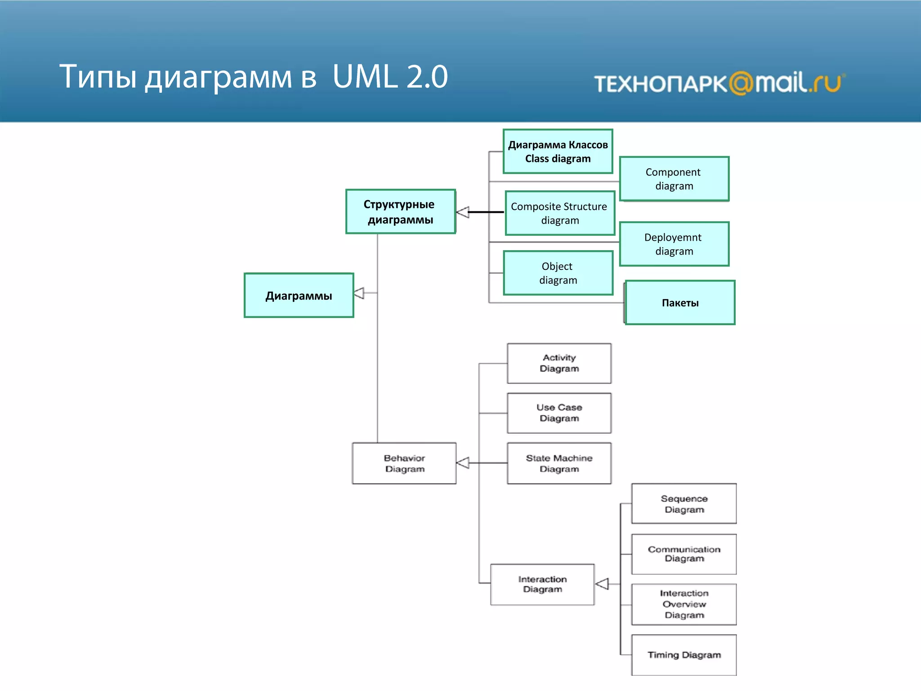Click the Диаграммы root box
299,295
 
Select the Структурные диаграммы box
400,211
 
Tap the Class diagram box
558,152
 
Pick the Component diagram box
674,179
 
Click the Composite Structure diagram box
559,213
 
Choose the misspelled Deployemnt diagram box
674,244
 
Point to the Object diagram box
558,273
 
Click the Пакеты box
680,302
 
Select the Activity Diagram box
559,363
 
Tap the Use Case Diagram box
559,413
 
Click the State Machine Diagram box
559,463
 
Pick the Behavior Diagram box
404,463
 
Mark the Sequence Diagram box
684,503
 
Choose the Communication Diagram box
684,554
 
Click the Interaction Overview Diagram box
684,604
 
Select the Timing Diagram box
684,655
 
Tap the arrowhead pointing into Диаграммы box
359,293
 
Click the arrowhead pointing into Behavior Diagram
463,462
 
